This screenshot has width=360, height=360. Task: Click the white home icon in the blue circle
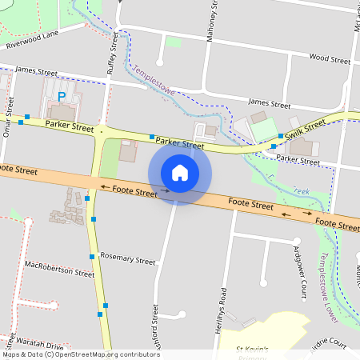pyautogui.click(x=180, y=172)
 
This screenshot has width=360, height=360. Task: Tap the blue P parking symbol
pyautogui.click(x=61, y=96)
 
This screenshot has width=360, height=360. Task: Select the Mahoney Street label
pyautogui.click(x=211, y=23)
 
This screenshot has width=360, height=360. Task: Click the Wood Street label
pyautogui.click(x=330, y=59)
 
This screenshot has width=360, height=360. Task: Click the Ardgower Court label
pyautogui.click(x=300, y=272)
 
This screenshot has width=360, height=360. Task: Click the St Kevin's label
pyautogui.click(x=255, y=349)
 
